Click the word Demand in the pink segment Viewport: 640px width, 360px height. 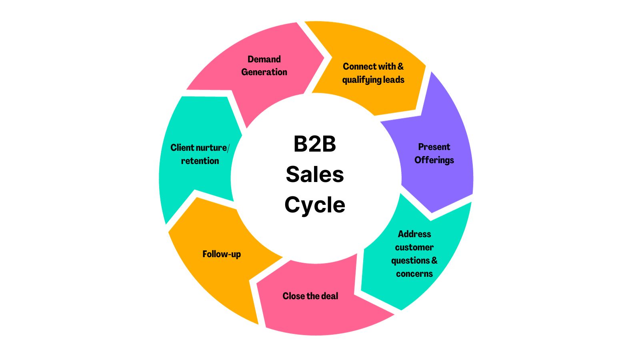[264, 59]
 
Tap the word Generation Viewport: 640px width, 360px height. [264, 72]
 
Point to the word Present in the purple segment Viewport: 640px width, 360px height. [434, 147]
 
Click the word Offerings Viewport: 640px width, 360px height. [434, 160]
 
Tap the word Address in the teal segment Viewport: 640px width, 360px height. [414, 234]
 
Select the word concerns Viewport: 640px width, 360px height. [414, 274]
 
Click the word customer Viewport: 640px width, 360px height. [414, 247]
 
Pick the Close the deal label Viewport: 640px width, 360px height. [310, 296]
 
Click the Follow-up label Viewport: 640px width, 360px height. [222, 254]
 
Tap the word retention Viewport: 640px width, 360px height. [200, 161]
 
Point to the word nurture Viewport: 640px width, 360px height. [212, 148]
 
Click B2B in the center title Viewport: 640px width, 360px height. [315, 144]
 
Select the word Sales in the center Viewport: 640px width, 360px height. [315, 174]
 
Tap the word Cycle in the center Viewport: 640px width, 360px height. [315, 205]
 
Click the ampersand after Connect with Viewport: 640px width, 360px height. [400, 66]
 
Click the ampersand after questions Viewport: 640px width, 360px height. [434, 260]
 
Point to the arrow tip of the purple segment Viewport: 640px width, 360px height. [432, 211]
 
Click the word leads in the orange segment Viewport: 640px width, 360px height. [394, 80]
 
